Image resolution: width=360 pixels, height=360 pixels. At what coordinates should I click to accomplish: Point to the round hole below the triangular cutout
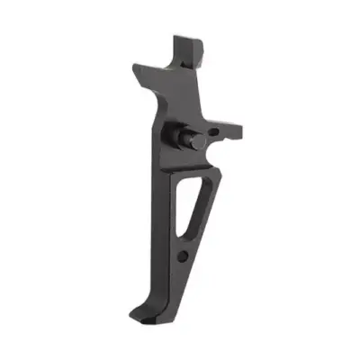184,257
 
